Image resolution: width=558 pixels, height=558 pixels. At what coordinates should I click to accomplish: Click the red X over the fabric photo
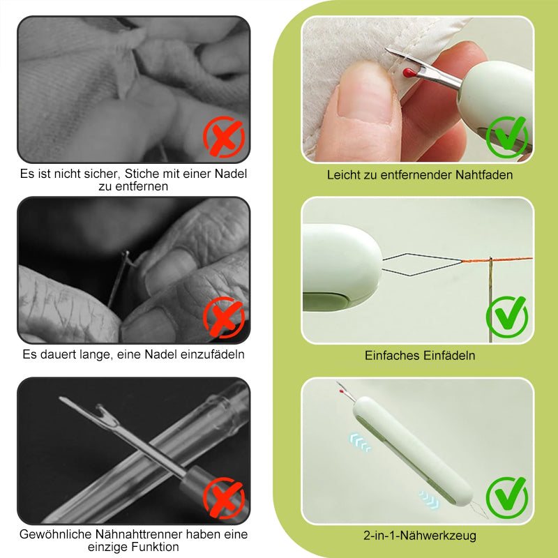[x=224, y=137]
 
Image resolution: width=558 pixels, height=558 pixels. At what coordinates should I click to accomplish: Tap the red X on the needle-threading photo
[x=224, y=317]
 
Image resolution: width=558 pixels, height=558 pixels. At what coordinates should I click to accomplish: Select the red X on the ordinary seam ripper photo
[x=224, y=498]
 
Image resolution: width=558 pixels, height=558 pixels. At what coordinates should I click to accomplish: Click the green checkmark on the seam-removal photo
[x=507, y=137]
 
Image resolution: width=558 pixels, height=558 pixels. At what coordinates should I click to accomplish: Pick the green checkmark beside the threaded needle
[x=507, y=317]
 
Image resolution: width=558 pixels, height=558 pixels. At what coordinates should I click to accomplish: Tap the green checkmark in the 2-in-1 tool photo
[x=507, y=498]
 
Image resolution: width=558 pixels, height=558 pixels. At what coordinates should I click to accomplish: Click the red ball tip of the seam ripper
[x=409, y=73]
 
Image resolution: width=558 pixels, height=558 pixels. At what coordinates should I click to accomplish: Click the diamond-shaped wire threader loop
[x=423, y=265]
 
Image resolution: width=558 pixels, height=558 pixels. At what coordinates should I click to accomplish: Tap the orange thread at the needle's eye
[x=491, y=260]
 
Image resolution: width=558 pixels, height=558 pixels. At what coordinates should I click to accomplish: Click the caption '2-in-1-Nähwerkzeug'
[x=420, y=535]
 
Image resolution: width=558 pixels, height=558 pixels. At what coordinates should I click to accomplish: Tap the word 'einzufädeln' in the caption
[x=212, y=354]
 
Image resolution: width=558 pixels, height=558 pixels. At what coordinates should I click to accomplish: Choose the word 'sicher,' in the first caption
[x=103, y=174]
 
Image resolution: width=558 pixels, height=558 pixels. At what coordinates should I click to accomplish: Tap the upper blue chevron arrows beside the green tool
[x=360, y=442]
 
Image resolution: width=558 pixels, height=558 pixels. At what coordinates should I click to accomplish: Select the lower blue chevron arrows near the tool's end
[x=429, y=499]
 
